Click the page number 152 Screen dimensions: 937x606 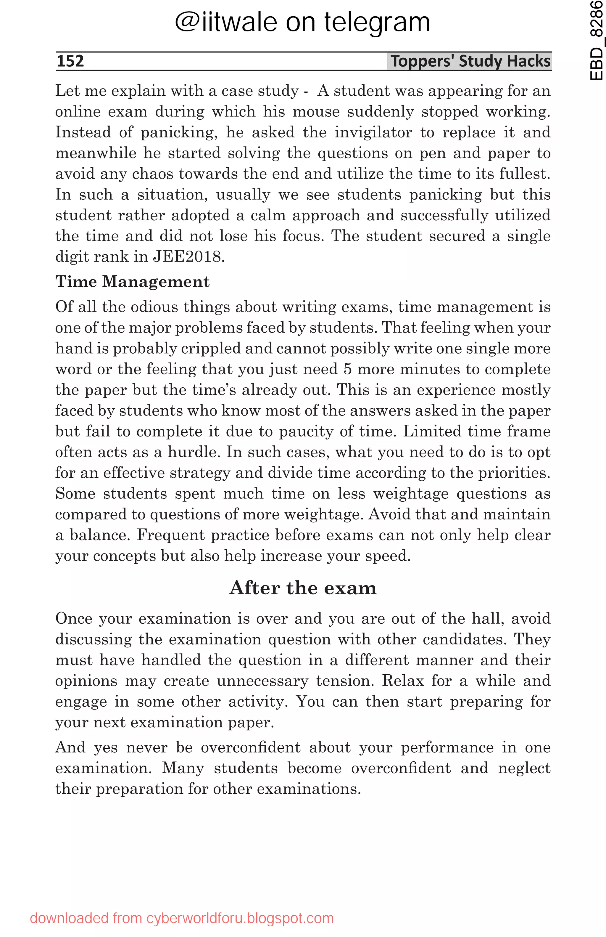coord(70,61)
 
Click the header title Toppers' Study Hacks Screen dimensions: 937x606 coord(470,61)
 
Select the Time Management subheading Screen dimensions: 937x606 coord(132,282)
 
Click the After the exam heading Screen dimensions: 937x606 coord(303,588)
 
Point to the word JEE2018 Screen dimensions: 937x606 coord(188,257)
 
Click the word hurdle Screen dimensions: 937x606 coord(193,452)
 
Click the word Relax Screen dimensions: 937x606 coord(402,681)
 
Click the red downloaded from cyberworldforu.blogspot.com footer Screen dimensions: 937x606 coord(182,918)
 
